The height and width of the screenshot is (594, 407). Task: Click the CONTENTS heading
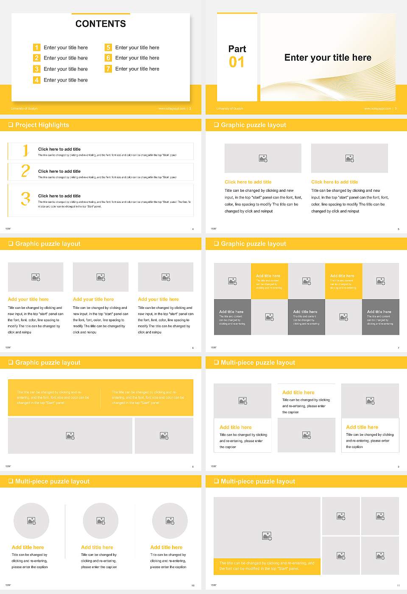click(x=100, y=24)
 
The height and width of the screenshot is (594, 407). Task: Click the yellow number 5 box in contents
click(x=109, y=48)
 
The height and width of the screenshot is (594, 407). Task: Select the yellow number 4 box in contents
click(x=37, y=80)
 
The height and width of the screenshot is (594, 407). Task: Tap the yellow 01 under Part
click(x=237, y=62)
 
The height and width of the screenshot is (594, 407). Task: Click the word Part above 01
click(x=237, y=49)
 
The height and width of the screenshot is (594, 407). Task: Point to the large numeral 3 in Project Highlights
click(x=25, y=199)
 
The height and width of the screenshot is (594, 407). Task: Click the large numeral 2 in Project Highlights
click(x=25, y=171)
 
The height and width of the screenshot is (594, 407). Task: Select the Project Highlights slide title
click(x=42, y=125)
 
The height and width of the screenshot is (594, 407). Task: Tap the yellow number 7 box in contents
click(x=109, y=69)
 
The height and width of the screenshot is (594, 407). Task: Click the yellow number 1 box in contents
click(x=37, y=48)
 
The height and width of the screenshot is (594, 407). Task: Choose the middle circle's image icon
click(x=100, y=521)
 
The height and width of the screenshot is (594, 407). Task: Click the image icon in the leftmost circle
click(x=31, y=521)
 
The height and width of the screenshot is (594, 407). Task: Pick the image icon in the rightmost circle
click(x=170, y=521)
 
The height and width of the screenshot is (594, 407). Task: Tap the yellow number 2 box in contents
click(x=37, y=58)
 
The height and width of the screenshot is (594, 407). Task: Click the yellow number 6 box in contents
click(x=109, y=58)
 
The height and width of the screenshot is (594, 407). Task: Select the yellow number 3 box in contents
click(x=37, y=69)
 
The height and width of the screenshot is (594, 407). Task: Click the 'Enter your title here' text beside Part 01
click(x=328, y=58)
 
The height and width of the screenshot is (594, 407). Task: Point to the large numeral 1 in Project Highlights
click(x=25, y=150)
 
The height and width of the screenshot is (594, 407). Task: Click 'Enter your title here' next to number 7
click(x=137, y=69)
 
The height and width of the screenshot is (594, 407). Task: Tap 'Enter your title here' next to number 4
click(x=66, y=80)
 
